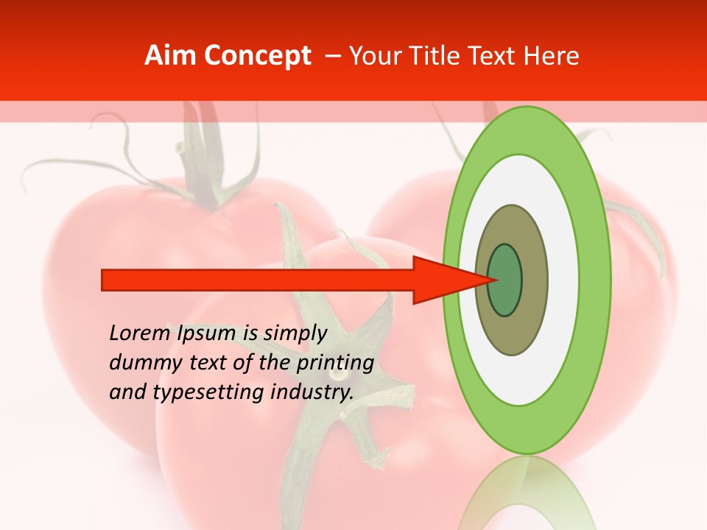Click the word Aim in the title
[x=169, y=56]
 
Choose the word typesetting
[x=203, y=393]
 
